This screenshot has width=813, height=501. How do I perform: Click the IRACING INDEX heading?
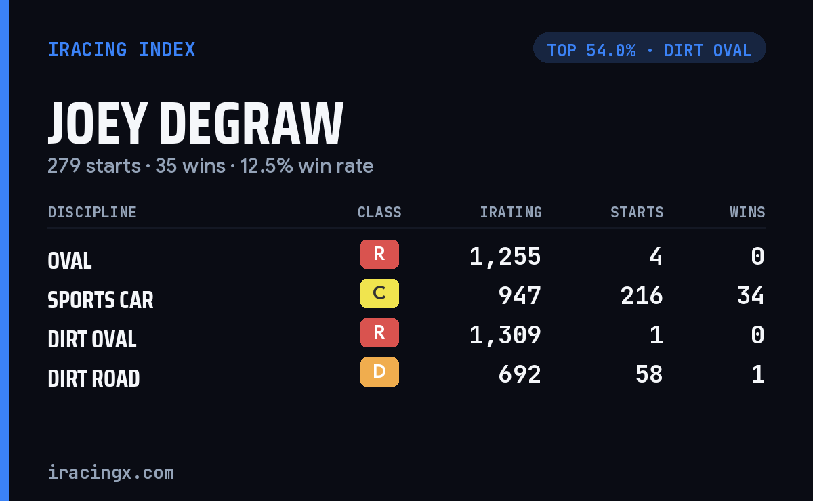[121, 49]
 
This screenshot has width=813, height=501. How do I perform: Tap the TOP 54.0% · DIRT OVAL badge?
[649, 48]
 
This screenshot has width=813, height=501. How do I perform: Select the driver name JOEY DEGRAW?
[195, 123]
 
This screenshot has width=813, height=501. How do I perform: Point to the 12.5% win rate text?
[307, 166]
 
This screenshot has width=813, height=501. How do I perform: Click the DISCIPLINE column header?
[92, 212]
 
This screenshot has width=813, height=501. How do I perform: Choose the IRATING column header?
[511, 212]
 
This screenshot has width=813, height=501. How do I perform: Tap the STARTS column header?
[637, 212]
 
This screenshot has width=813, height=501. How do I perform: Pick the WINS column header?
[747, 212]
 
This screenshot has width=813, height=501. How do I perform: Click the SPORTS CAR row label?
[100, 300]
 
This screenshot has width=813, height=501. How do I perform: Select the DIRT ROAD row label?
[93, 378]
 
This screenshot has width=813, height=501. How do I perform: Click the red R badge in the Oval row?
[379, 254]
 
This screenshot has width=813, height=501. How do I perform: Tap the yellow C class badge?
[379, 293]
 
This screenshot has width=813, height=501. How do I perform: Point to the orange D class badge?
[379, 372]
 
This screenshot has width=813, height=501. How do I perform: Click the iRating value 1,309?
[505, 335]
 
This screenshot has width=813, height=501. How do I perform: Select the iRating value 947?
[520, 296]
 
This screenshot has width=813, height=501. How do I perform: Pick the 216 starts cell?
[642, 296]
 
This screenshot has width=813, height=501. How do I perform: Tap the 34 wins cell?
[751, 296]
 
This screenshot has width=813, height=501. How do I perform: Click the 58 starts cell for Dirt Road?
[649, 374]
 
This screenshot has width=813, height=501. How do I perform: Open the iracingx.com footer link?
[111, 473]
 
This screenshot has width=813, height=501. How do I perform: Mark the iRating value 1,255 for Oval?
[505, 257]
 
